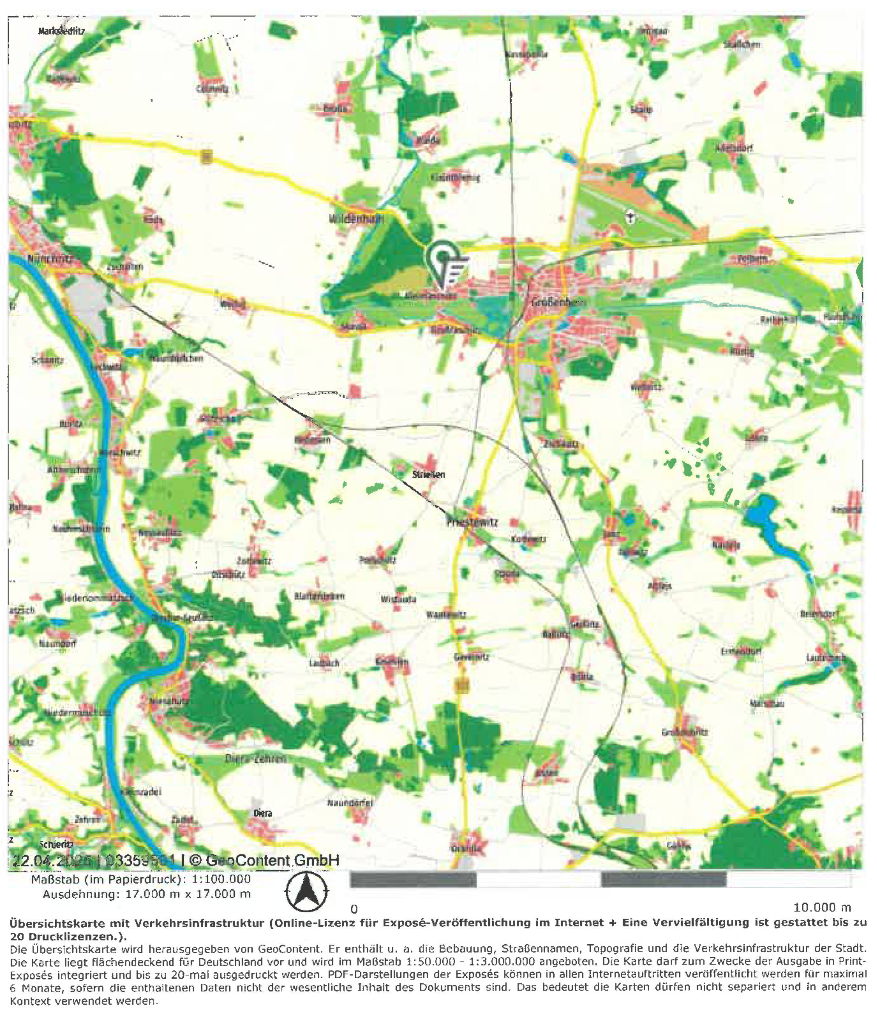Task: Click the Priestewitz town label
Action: pos(472,523)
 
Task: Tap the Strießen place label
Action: pos(428,474)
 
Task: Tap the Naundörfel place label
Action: pos(350,803)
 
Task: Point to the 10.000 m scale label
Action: pos(822,907)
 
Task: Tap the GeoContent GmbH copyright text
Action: pos(272,860)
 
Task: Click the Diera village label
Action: pos(263,813)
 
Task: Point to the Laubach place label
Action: pos(324,663)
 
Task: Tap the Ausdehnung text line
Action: pos(147,894)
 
